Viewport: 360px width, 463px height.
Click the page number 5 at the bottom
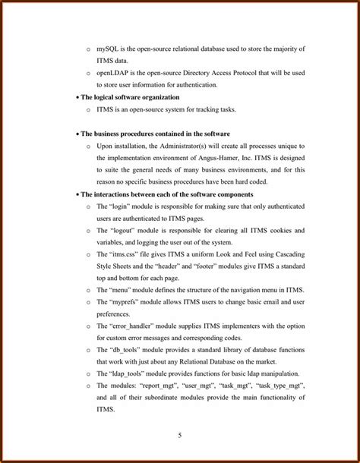click(180, 435)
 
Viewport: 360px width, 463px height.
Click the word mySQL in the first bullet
click(108, 49)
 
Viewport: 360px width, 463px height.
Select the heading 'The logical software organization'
click(130, 97)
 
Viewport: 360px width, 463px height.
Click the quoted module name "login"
click(122, 206)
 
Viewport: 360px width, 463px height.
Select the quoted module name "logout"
click(124, 230)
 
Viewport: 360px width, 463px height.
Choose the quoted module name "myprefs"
click(125, 302)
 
